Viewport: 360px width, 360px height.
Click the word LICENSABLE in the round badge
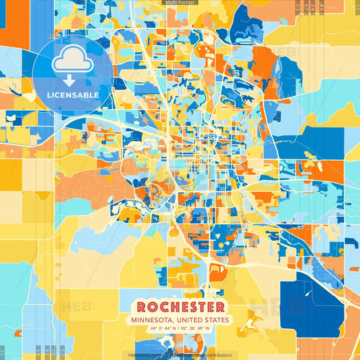point(73,95)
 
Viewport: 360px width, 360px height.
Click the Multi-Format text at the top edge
point(179,3)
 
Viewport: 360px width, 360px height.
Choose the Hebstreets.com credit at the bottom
point(144,355)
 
